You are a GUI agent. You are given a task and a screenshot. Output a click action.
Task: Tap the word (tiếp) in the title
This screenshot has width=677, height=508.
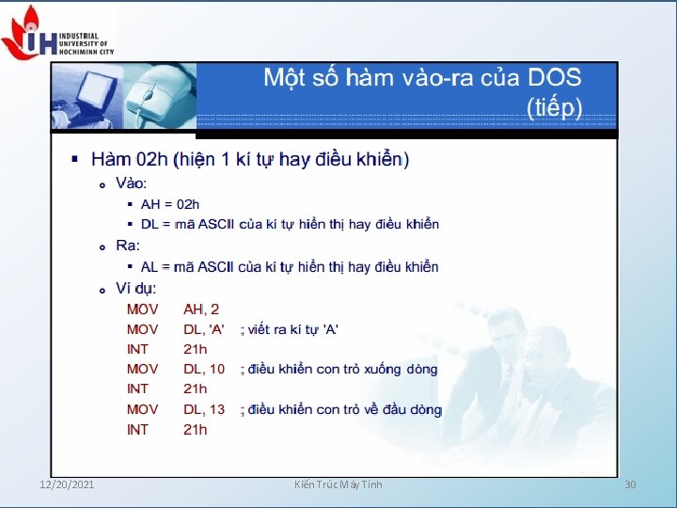pyautogui.click(x=556, y=106)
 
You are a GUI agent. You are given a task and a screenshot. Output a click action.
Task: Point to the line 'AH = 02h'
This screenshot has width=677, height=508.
pyautogui.click(x=170, y=203)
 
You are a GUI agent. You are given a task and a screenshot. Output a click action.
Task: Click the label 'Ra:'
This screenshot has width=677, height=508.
pyautogui.click(x=127, y=246)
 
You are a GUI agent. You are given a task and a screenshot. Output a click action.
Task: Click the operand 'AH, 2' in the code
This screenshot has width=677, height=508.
pyautogui.click(x=201, y=309)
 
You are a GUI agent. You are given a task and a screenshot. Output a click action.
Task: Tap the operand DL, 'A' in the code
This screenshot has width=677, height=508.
pyautogui.click(x=204, y=329)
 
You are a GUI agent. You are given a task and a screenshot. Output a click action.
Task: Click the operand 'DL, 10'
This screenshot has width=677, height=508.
pyautogui.click(x=204, y=369)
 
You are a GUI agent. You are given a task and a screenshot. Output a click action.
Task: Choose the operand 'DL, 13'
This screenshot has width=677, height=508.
pyautogui.click(x=204, y=409)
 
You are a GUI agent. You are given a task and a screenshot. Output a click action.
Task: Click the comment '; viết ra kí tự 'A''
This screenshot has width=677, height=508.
pyautogui.click(x=290, y=329)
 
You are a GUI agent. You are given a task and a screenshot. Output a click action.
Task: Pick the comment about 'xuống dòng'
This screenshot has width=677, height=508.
pyautogui.click(x=339, y=369)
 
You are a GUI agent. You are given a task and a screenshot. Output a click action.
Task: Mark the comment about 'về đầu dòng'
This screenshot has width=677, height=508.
pyautogui.click(x=341, y=409)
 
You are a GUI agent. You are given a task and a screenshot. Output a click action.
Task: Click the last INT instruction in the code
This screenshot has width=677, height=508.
pyautogui.click(x=137, y=430)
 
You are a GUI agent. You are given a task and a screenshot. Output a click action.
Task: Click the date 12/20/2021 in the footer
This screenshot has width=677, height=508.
pyautogui.click(x=67, y=484)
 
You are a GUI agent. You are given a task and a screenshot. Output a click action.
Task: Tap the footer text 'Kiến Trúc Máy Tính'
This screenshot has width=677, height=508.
pyautogui.click(x=338, y=484)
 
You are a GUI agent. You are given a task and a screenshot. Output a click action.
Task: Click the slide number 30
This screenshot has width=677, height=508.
pyautogui.click(x=630, y=484)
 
